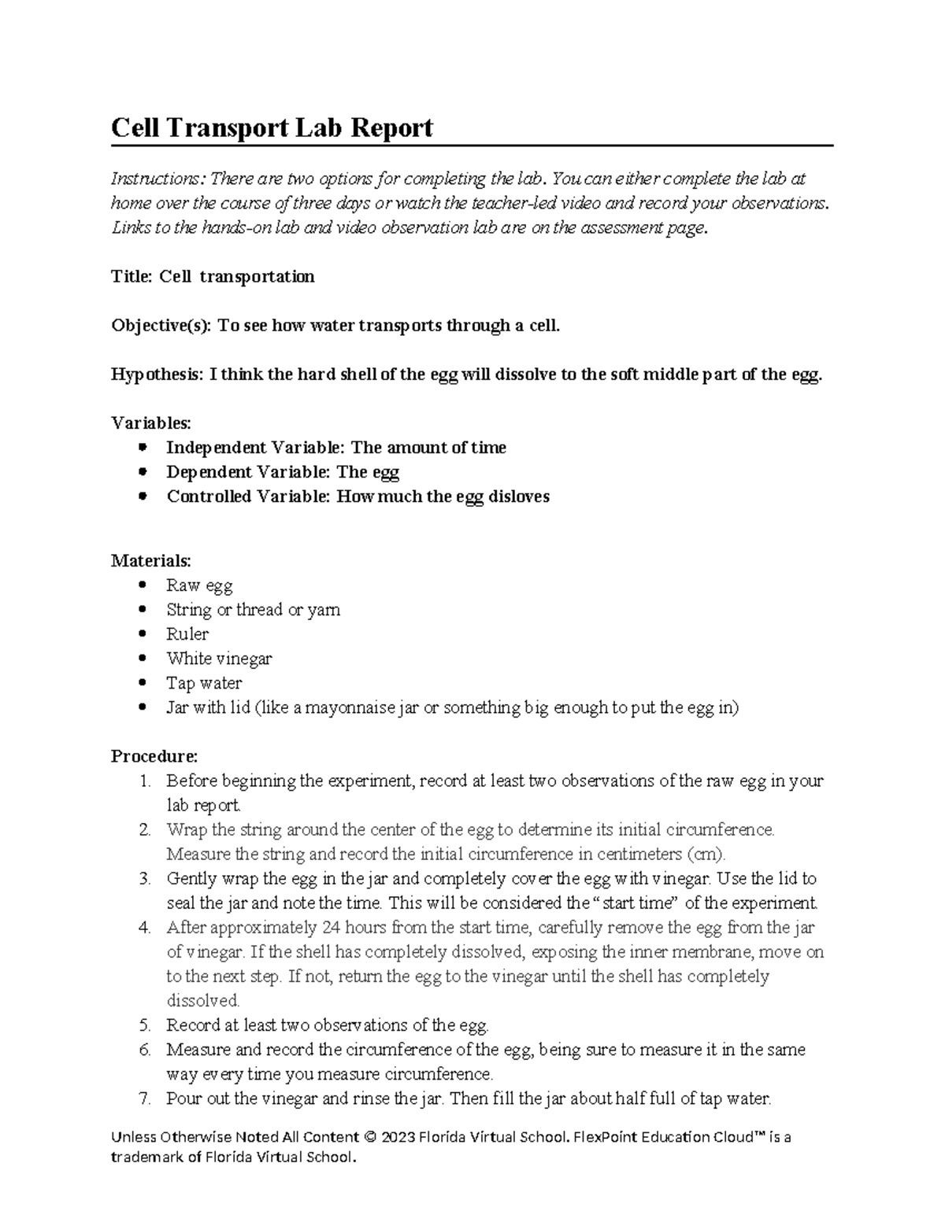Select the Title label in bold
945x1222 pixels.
[x=132, y=276]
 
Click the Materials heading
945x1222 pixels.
[x=150, y=561]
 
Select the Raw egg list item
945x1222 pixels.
[x=198, y=585]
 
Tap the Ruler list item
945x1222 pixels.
[x=187, y=634]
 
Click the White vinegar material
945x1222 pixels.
[x=218, y=659]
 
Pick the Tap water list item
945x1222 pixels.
[x=203, y=683]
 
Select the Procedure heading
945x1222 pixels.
[x=154, y=756]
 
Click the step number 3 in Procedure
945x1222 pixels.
[x=144, y=878]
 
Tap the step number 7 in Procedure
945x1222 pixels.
[x=144, y=1098]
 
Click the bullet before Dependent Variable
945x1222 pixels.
[x=143, y=472]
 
